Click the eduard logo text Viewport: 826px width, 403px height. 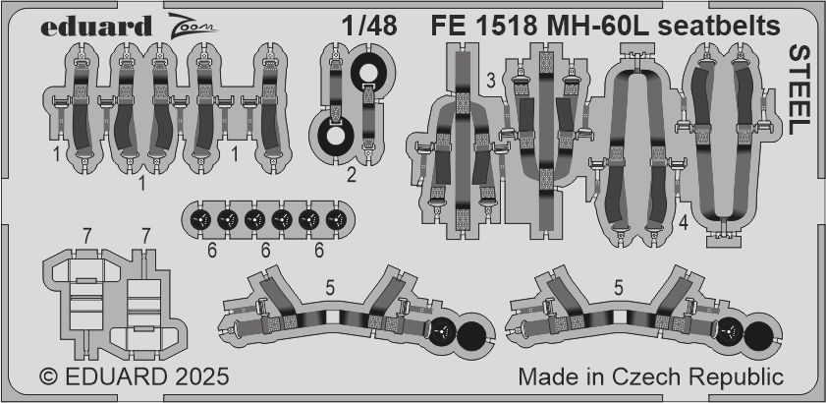[96, 26]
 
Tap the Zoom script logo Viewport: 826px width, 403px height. [193, 25]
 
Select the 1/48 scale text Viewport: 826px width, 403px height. [368, 26]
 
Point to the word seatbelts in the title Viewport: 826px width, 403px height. [721, 26]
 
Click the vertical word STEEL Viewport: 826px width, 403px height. [799, 90]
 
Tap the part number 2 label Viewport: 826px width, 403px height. [352, 174]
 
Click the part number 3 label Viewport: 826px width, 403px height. [491, 82]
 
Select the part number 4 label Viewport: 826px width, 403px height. [684, 224]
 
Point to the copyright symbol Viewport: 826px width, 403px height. [49, 377]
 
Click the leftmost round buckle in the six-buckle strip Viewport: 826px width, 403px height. [200, 219]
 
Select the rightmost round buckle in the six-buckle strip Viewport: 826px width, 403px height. [336, 219]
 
